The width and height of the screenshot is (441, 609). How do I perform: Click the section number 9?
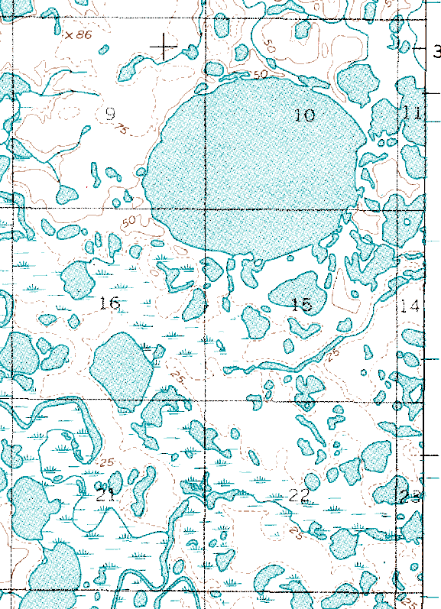pos(109,115)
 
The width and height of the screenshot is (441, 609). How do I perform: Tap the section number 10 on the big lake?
pos(304,115)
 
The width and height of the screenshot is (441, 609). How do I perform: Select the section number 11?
pos(413,113)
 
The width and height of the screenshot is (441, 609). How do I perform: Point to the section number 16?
pos(110,303)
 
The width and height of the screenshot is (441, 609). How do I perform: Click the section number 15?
pos(302,306)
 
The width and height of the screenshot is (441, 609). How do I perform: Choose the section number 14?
pos(410,306)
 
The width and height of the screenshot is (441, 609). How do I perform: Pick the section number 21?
pos(105,494)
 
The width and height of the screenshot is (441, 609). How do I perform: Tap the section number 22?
pos(299,497)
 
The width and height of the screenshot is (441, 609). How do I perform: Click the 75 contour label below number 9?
pos(120,129)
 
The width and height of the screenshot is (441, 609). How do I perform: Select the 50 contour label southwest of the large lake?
pos(128,222)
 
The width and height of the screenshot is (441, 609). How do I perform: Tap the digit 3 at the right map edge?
pos(436,52)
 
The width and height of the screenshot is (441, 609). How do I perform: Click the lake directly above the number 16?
pos(78,280)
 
